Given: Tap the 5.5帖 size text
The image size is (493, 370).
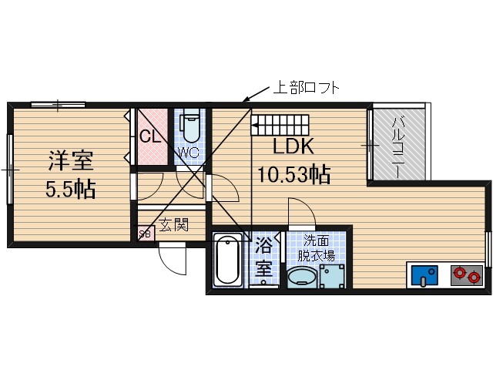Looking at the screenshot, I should click(70, 189).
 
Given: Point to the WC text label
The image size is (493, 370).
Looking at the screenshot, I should click(189, 153).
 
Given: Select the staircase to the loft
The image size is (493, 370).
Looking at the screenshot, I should click(281, 123).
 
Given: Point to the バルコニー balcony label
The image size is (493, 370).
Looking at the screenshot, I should click(400, 146).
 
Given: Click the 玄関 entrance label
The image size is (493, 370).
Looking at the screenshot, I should click(174, 226).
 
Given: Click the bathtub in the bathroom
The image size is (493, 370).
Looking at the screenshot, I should click(228, 260).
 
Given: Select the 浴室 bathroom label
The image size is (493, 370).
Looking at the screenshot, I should click(263, 258).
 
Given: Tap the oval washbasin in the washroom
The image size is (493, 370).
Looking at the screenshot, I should click(301, 276).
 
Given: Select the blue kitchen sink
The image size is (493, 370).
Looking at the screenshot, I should click(423, 275).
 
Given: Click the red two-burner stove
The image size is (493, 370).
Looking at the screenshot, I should click(467, 274).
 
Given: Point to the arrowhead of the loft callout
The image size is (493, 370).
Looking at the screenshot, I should click(246, 100).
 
